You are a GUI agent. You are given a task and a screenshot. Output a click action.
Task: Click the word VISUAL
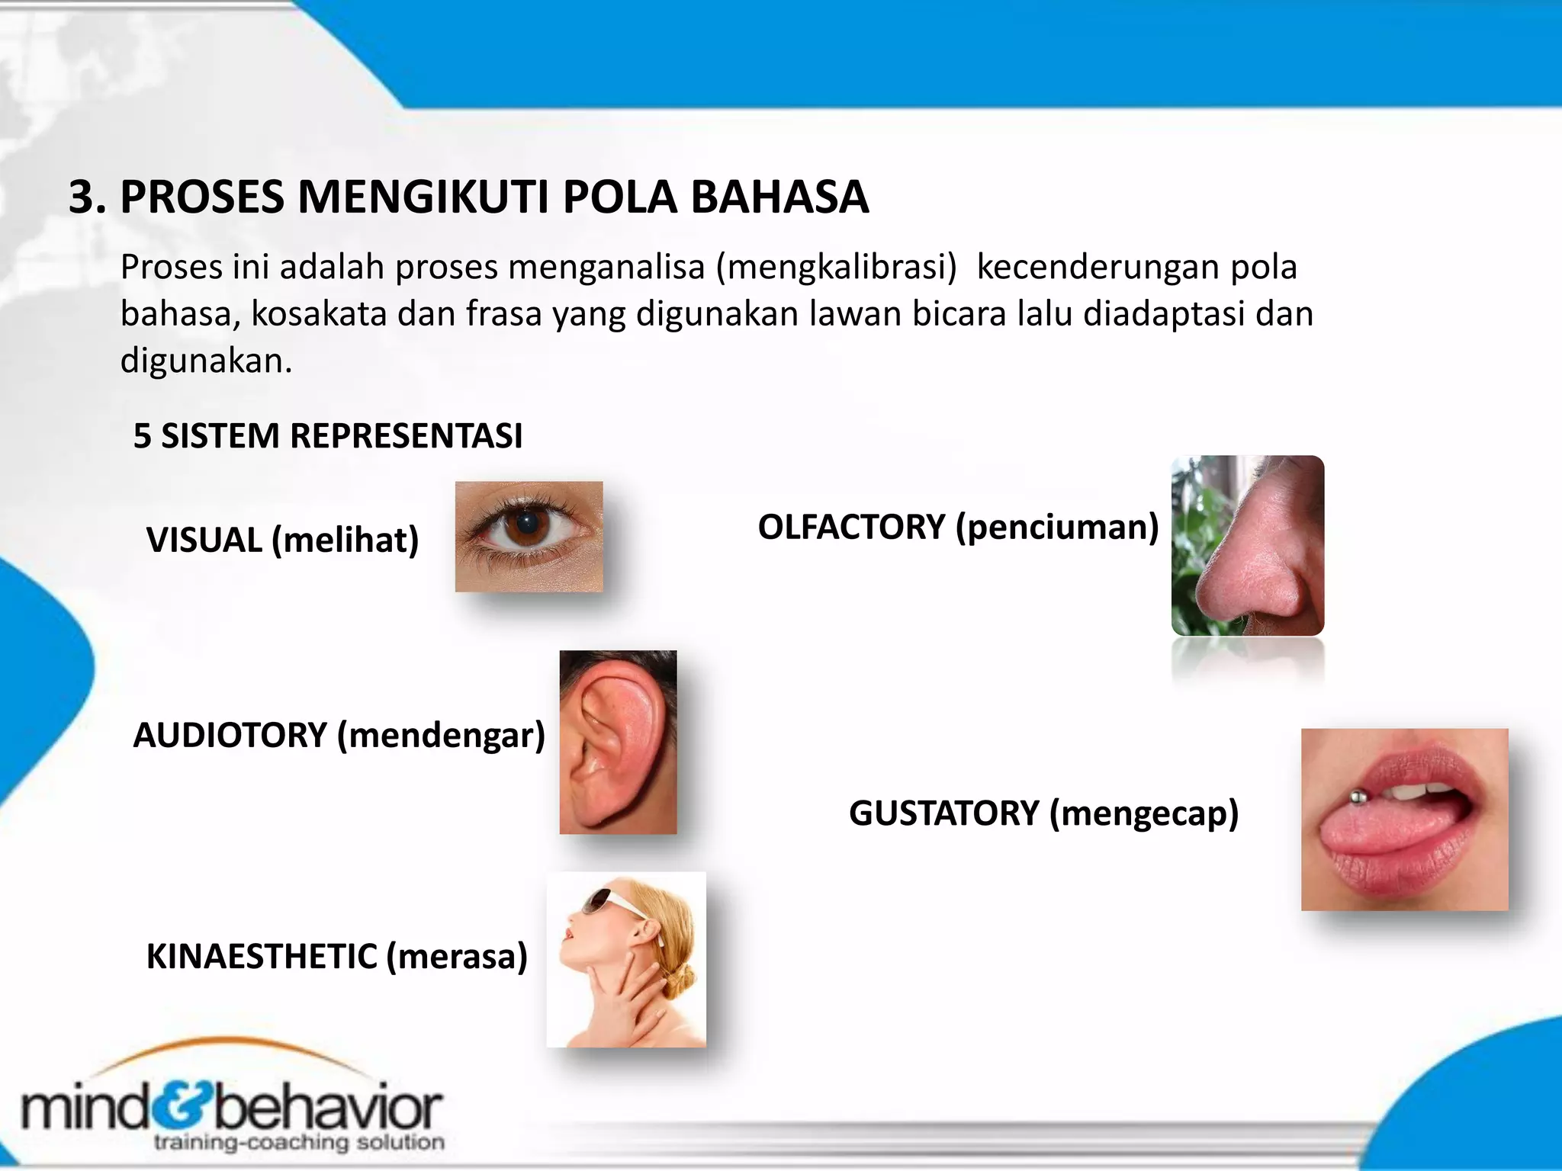pyautogui.click(x=204, y=541)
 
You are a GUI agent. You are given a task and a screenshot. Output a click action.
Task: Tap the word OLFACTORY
pyautogui.click(x=851, y=528)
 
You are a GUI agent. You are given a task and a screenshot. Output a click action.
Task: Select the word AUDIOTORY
pyautogui.click(x=230, y=736)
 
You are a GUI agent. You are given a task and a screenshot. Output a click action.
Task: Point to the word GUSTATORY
pyautogui.click(x=943, y=813)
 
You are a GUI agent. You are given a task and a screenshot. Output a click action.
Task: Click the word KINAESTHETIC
pyautogui.click(x=261, y=957)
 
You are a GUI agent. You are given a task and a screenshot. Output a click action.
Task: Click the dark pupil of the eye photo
pyautogui.click(x=526, y=524)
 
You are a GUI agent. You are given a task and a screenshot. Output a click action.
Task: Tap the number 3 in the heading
pyautogui.click(x=82, y=197)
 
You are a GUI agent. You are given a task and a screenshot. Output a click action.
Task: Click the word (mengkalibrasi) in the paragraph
pyautogui.click(x=836, y=268)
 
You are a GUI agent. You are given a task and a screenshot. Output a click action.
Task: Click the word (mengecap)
pyautogui.click(x=1144, y=813)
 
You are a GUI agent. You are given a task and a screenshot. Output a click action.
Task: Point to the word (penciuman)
pyautogui.click(x=1057, y=528)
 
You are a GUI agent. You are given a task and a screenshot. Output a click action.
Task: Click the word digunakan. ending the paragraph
pyautogui.click(x=206, y=361)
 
